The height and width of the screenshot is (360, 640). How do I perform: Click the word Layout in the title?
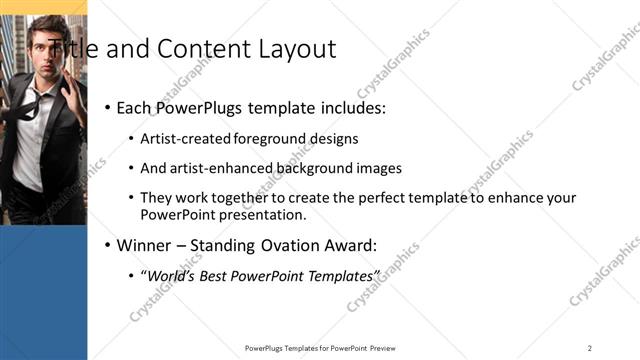(x=298, y=49)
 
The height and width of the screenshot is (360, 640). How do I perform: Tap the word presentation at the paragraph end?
(x=261, y=214)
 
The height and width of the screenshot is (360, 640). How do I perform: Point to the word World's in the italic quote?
(x=171, y=275)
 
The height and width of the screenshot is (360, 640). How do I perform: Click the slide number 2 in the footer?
(x=590, y=347)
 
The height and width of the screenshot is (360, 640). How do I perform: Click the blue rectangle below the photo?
(x=43, y=290)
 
